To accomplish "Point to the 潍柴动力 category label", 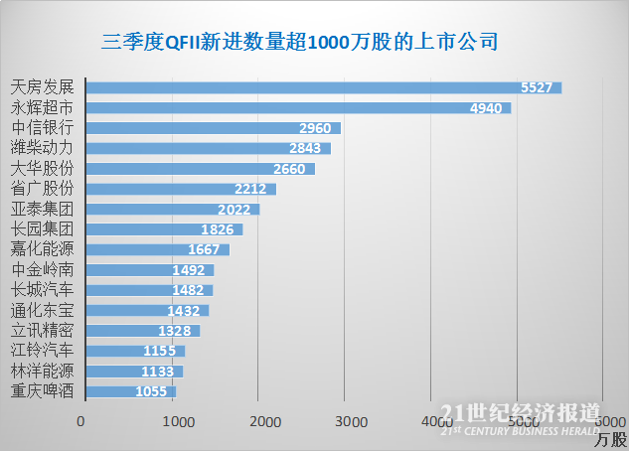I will coord(41,148).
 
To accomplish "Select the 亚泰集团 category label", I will coord(41,209).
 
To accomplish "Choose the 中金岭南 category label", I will coord(41,269).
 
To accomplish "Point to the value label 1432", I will coord(186,310).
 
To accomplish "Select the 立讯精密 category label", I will coord(41,330).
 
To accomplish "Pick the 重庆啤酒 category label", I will coord(41,390).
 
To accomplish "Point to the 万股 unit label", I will coord(611,438).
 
